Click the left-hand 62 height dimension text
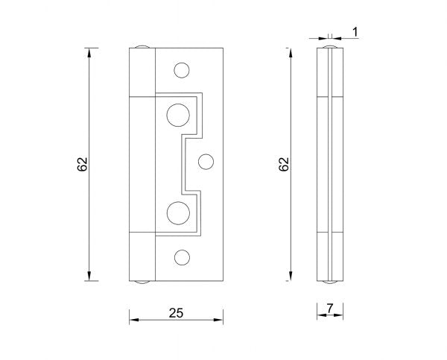(83, 165)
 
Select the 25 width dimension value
(176, 313)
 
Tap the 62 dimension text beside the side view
(283, 165)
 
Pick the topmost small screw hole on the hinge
(181, 70)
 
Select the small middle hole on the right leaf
(206, 160)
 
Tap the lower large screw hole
(178, 212)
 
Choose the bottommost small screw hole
(181, 256)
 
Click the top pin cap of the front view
(142, 47)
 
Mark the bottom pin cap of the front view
(142, 282)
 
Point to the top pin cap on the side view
(330, 47)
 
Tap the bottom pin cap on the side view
(330, 282)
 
